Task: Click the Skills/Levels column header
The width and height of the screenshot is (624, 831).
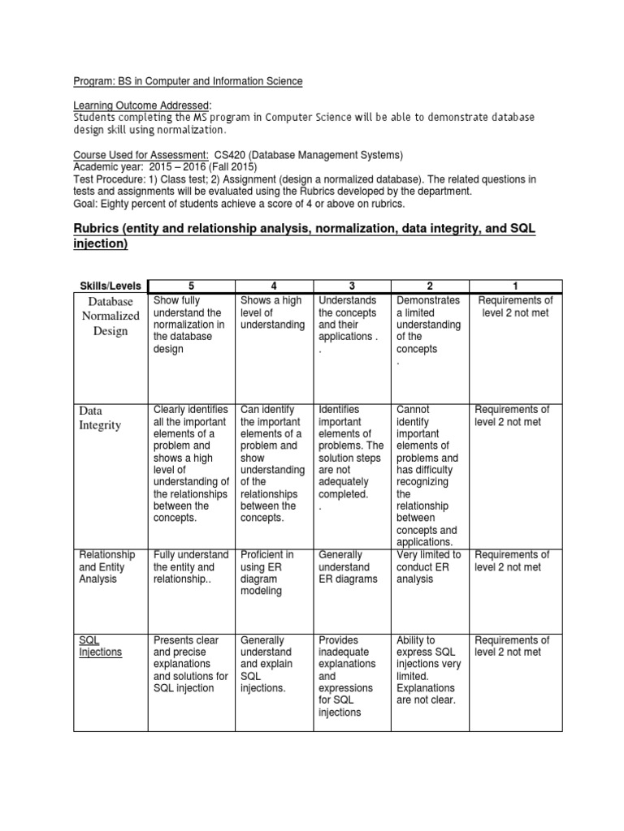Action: pos(110,285)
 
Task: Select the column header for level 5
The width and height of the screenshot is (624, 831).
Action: pos(192,285)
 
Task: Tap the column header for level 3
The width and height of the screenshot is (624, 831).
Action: pos(351,285)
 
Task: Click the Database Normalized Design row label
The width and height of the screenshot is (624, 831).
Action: pos(109,316)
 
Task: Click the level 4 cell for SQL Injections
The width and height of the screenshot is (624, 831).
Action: pos(271,664)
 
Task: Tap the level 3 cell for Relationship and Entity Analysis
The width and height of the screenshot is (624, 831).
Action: pos(349,566)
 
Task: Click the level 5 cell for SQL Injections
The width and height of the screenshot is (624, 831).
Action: pos(190,664)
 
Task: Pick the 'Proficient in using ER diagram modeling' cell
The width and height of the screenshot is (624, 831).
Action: pos(267,573)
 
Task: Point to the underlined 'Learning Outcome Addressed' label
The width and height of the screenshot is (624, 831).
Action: pos(141,105)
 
